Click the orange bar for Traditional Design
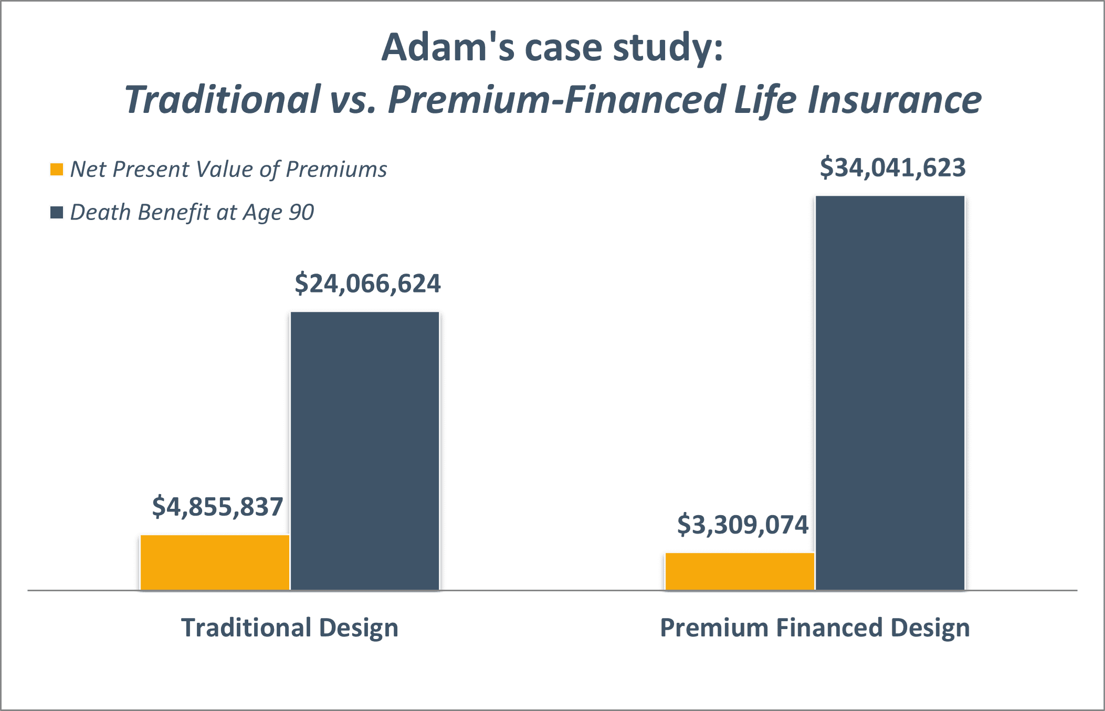click(215, 562)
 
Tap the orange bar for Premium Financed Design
click(740, 571)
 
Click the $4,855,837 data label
click(217, 507)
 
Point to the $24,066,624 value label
click(367, 284)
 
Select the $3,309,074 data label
click(742, 525)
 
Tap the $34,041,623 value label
click(892, 168)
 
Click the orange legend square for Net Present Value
click(57, 170)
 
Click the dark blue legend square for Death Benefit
click(57, 213)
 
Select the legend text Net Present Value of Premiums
click(228, 170)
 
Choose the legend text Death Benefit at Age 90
click(192, 213)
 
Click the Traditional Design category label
click(290, 628)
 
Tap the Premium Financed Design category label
click(815, 628)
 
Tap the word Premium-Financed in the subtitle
click(556, 99)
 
